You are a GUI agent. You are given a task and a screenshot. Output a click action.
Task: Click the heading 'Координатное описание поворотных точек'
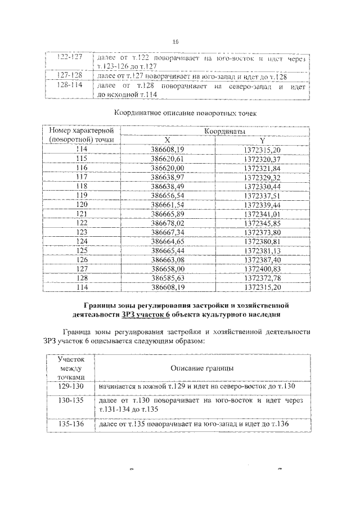[x=184, y=113]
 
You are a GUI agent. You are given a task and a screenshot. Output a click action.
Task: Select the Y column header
[x=262, y=140]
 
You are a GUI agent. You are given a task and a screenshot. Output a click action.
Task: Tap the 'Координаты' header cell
[x=216, y=131]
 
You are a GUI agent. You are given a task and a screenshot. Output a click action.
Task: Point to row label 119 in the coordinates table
[x=82, y=195]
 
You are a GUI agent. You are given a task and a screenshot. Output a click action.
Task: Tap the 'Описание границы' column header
[x=202, y=368]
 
